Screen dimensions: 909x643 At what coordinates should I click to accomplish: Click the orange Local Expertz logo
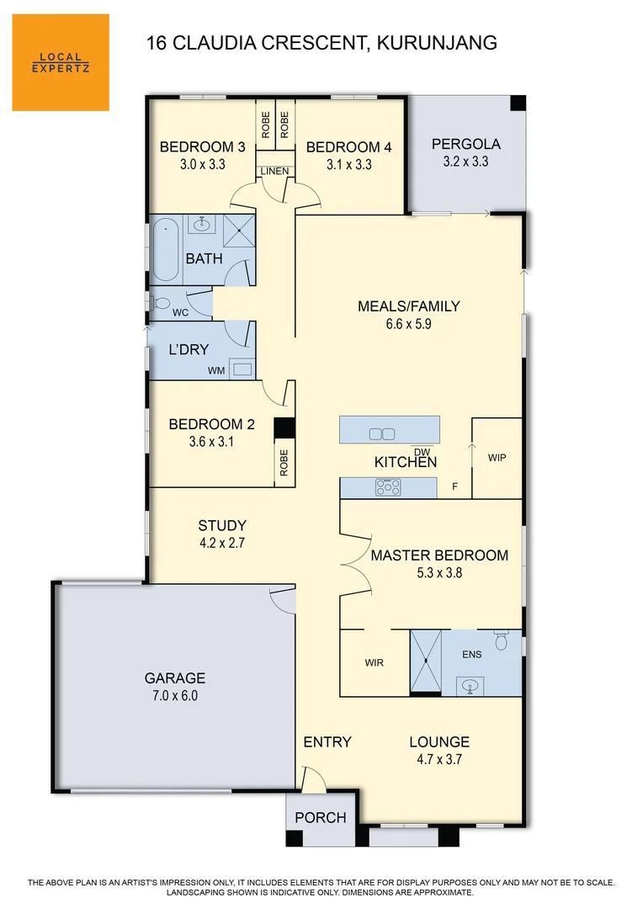tap(61, 62)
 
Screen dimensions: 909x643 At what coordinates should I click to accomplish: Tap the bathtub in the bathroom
tap(165, 250)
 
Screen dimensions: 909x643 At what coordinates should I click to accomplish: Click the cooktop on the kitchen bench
tap(388, 486)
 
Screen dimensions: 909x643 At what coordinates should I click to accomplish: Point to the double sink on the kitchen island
tap(382, 434)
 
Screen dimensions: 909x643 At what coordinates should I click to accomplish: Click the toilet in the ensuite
tap(502, 642)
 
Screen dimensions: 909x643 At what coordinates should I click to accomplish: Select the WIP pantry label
tap(497, 458)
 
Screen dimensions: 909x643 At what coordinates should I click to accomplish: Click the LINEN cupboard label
tap(274, 172)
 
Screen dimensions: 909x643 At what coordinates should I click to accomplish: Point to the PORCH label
tap(321, 817)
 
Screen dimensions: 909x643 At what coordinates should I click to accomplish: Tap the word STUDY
tap(222, 526)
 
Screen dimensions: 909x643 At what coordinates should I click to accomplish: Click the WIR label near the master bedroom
tap(375, 663)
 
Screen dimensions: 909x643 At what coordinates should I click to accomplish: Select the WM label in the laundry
tap(217, 370)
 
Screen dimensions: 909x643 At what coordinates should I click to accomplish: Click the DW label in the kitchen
tap(422, 452)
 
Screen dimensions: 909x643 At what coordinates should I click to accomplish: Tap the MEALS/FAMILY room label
tap(409, 306)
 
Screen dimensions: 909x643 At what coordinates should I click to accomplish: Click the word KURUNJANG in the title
tap(435, 42)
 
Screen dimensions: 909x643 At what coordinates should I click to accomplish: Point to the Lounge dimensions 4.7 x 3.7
tap(439, 759)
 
